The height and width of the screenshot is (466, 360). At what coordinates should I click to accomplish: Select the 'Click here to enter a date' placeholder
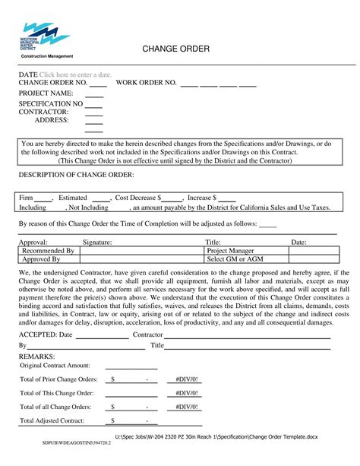[x=76, y=74]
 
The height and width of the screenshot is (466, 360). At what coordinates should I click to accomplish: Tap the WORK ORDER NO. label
[x=147, y=82]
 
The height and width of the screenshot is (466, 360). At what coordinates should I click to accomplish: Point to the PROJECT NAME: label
[x=46, y=93]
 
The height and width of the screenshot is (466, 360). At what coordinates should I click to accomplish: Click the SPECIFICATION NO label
[x=51, y=103]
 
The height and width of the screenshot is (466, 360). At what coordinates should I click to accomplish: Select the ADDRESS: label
[x=52, y=119]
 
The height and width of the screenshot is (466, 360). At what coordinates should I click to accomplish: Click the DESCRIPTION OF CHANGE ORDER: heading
[x=76, y=175]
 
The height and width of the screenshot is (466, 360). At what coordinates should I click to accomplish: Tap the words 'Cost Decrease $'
[x=137, y=197]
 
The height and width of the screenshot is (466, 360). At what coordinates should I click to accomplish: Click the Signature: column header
[x=97, y=242]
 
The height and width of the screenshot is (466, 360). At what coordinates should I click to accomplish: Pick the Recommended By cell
[x=48, y=250]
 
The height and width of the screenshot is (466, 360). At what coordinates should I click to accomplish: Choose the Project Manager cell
[x=231, y=250]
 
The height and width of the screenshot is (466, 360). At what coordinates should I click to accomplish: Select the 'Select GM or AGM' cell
[x=235, y=259]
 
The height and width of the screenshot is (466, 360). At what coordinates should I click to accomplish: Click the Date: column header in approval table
[x=298, y=242]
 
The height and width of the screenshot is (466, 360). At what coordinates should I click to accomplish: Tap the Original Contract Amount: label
[x=55, y=365]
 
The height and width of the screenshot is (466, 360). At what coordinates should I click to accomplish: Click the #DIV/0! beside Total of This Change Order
[x=186, y=393]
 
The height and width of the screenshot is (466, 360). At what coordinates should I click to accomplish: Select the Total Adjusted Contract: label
[x=53, y=420]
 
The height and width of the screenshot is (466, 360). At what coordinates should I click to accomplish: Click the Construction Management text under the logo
[x=46, y=56]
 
